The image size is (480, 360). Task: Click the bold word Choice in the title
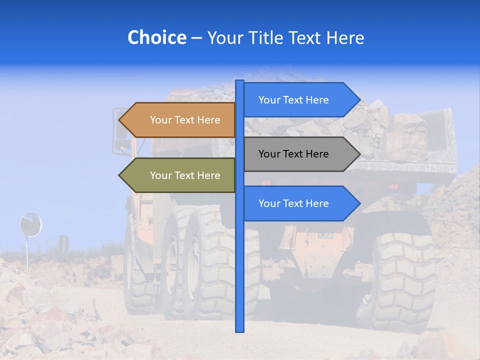156,37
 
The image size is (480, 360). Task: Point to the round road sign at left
30,224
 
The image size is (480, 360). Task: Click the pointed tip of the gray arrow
358,154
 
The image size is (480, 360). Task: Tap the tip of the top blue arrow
358,100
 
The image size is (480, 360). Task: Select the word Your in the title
224,37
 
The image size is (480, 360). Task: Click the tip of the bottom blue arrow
358,203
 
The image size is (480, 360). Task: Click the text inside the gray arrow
293,154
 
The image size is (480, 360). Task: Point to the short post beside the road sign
63,243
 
